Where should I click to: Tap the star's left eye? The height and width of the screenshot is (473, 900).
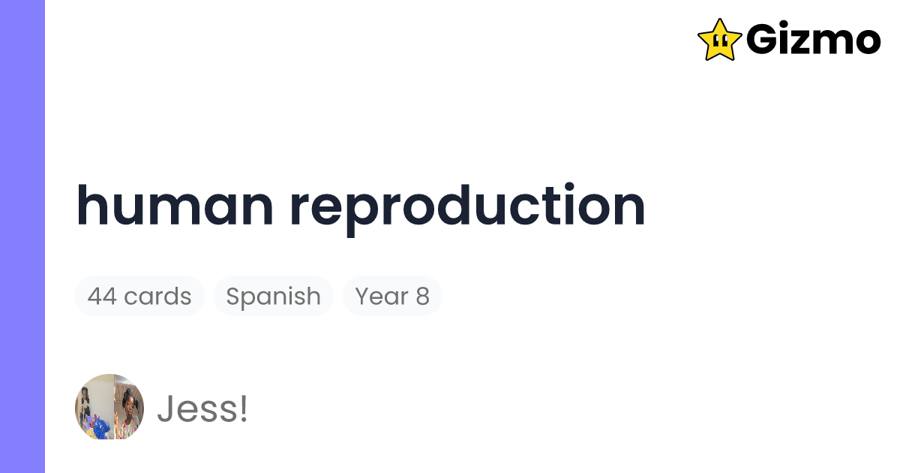pyautogui.click(x=716, y=40)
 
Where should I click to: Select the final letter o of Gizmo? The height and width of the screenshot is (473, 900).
pyautogui.click(x=866, y=43)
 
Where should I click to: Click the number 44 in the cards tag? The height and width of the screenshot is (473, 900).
pyautogui.click(x=101, y=297)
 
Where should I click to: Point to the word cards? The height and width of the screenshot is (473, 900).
pyautogui.click(x=157, y=297)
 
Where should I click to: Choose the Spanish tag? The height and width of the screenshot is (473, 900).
pyautogui.click(x=273, y=297)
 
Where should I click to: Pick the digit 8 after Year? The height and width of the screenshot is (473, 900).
pyautogui.click(x=422, y=297)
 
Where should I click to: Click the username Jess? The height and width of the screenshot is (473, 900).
pyautogui.click(x=202, y=409)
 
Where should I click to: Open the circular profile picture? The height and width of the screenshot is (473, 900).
pyautogui.click(x=109, y=407)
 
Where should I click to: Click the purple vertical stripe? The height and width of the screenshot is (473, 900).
pyautogui.click(x=22, y=236)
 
